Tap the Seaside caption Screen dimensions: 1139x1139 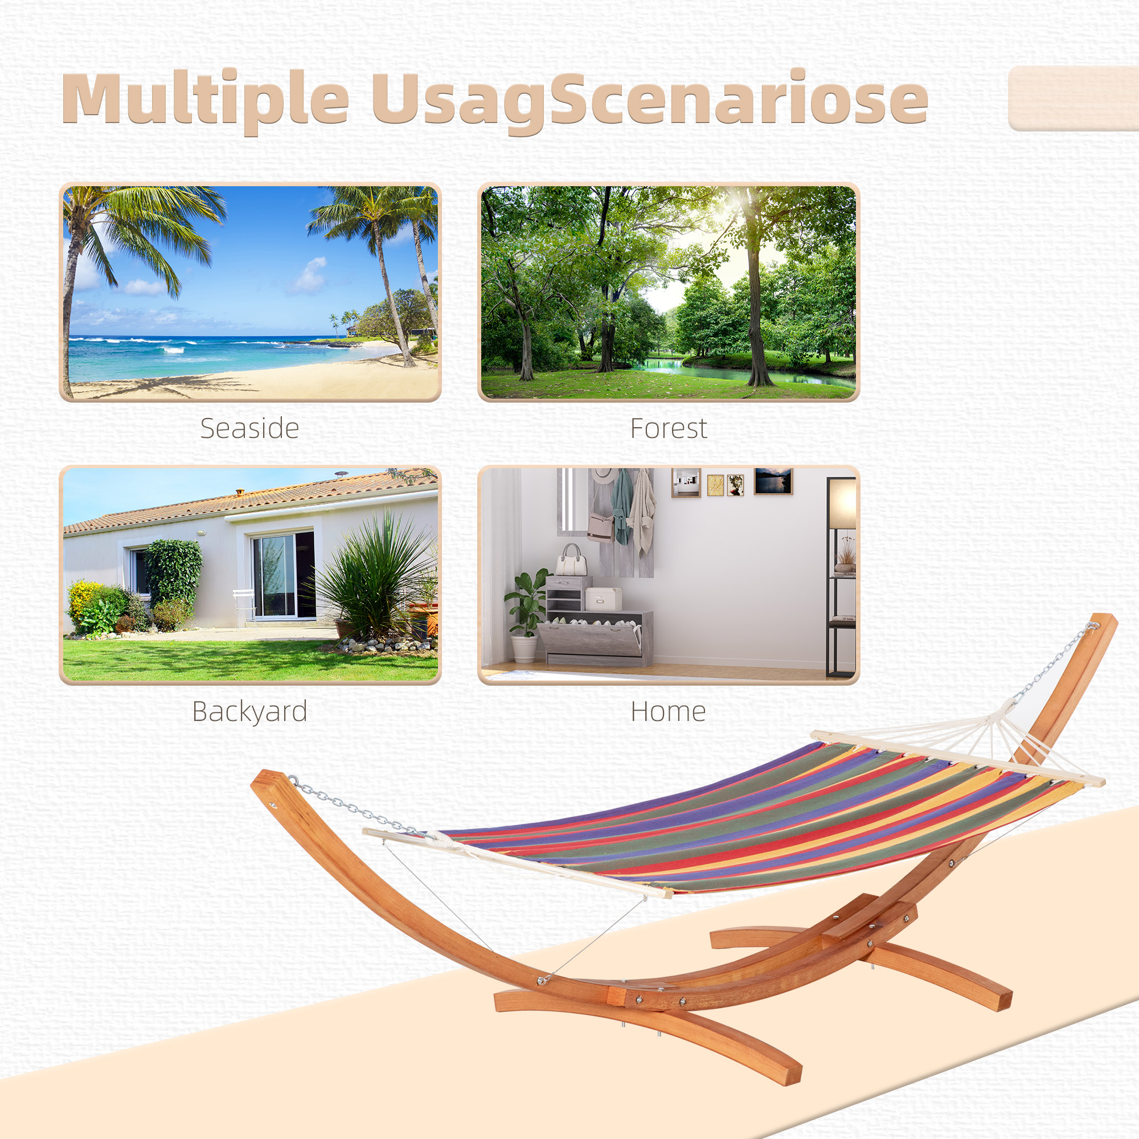249,429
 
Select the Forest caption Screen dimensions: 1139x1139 669,429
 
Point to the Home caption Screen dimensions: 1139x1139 668,711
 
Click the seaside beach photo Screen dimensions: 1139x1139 250,292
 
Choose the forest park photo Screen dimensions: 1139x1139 669,292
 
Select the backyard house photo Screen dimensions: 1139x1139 250,575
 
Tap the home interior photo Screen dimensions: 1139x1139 669,575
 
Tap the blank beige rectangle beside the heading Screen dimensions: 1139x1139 1074,99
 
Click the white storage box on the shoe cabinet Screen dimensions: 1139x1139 603,599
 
